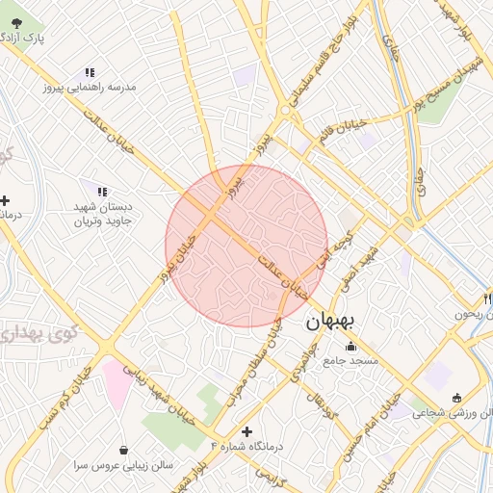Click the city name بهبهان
point(331,324)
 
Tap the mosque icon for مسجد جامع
point(349,347)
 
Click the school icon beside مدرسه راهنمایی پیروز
point(90,72)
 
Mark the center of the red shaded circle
point(246,246)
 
